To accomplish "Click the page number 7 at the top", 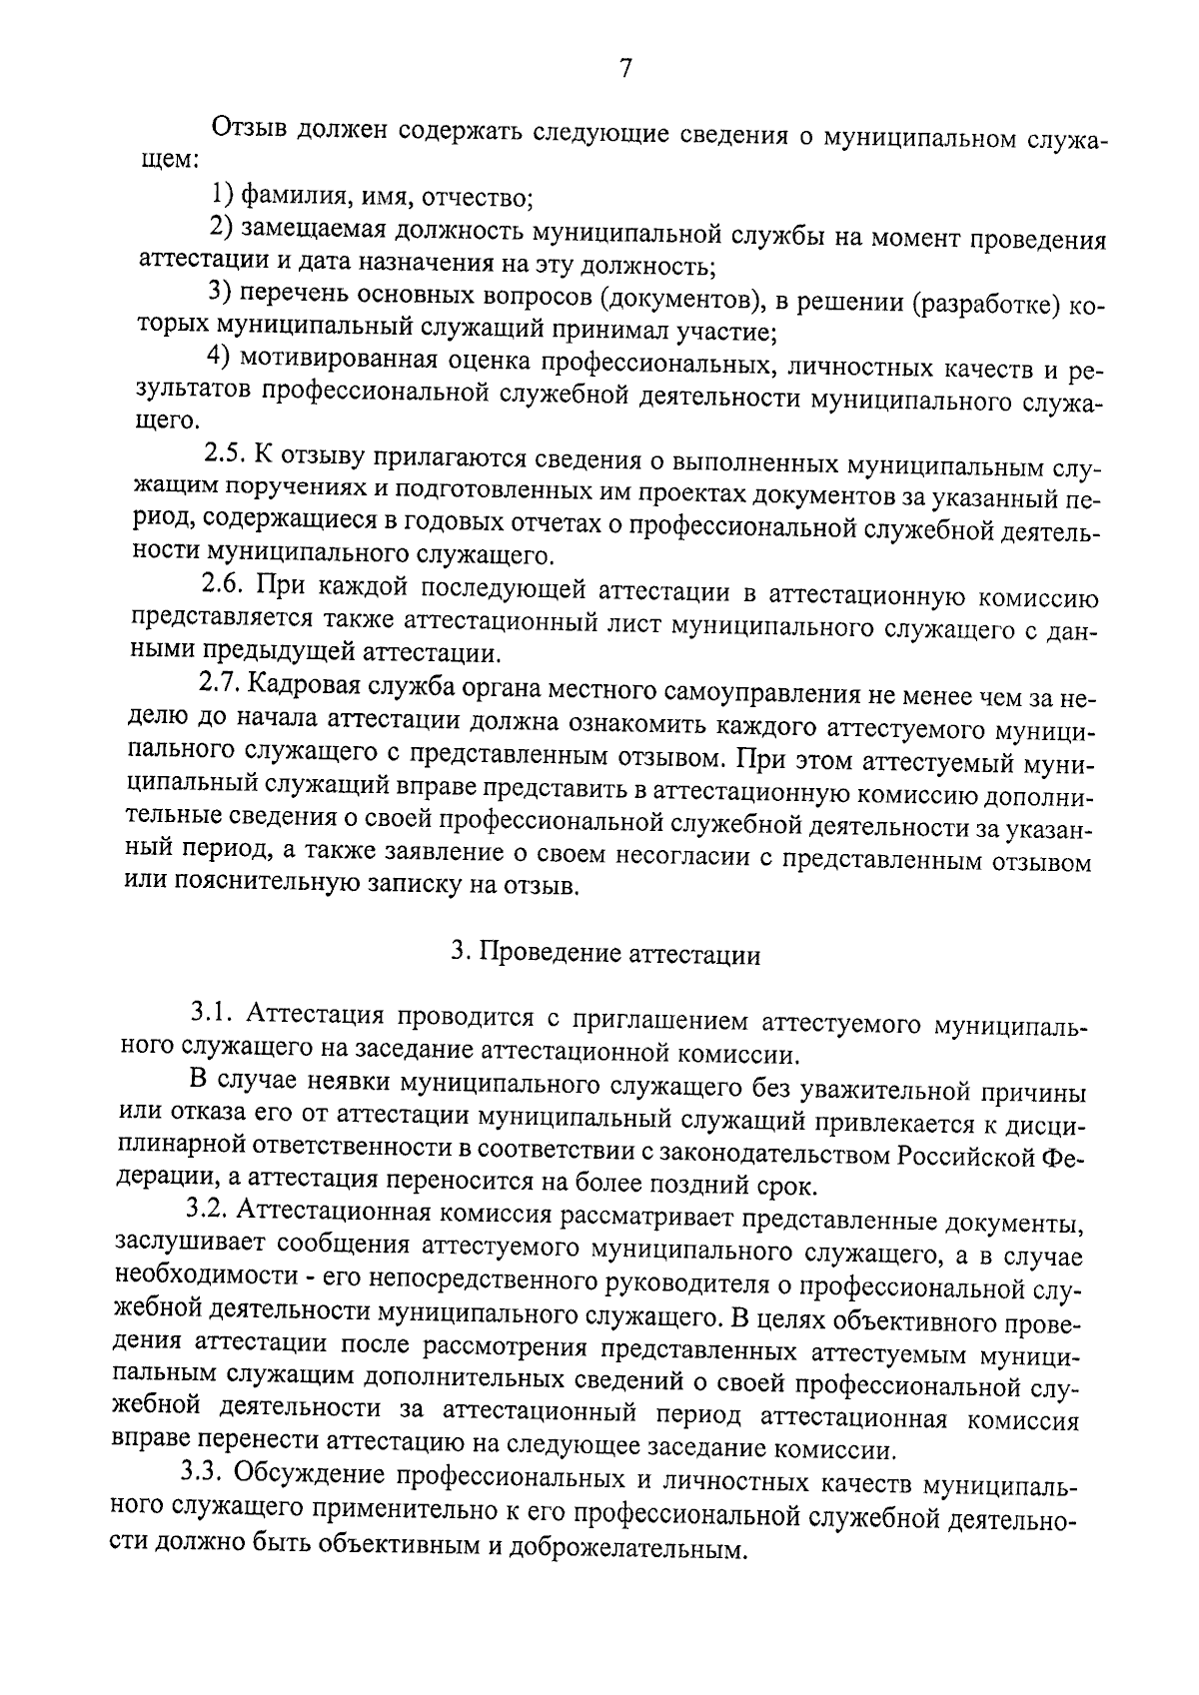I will point(625,68).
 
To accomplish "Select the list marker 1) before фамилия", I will point(226,193).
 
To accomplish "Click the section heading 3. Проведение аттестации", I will point(604,954).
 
